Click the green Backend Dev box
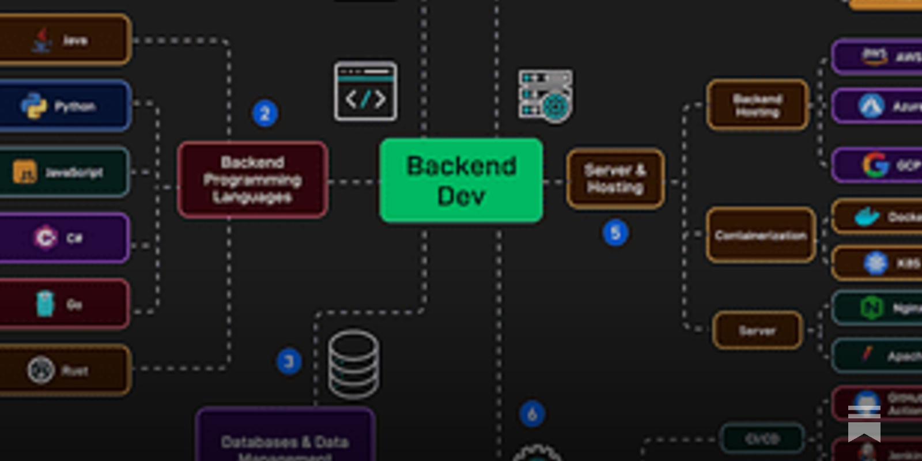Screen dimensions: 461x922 (461, 180)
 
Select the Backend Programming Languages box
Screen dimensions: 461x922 (253, 180)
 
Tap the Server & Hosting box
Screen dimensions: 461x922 (615, 179)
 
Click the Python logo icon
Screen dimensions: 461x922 (33, 106)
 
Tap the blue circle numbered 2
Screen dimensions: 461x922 (265, 114)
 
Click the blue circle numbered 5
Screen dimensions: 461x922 (615, 233)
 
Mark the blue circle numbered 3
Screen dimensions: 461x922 (289, 361)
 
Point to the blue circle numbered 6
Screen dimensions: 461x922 (532, 414)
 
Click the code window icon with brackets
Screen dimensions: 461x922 (366, 92)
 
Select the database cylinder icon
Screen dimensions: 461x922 (354, 364)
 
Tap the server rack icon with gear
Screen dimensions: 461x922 (545, 96)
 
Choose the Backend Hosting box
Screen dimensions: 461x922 (757, 105)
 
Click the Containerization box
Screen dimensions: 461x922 (761, 235)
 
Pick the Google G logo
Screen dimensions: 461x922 (875, 165)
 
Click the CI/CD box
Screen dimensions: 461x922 (762, 439)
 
